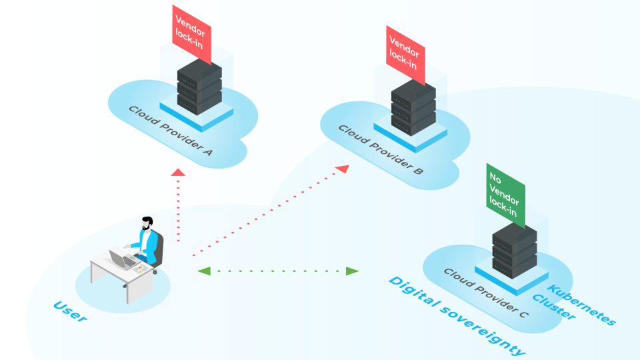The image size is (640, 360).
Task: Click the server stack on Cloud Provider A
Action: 199,87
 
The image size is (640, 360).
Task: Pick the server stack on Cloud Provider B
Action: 413,107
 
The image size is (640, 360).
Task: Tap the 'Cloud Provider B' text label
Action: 380,151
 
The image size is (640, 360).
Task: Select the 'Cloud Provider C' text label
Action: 485,293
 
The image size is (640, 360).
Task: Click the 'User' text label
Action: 70,311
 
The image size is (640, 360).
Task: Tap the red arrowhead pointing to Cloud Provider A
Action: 177,173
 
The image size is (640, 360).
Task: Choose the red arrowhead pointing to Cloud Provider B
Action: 341,169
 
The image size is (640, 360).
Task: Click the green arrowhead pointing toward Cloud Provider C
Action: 352,271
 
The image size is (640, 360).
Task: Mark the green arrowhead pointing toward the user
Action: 205,271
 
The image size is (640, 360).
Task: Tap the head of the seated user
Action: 147,223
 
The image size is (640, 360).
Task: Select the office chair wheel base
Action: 155,270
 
